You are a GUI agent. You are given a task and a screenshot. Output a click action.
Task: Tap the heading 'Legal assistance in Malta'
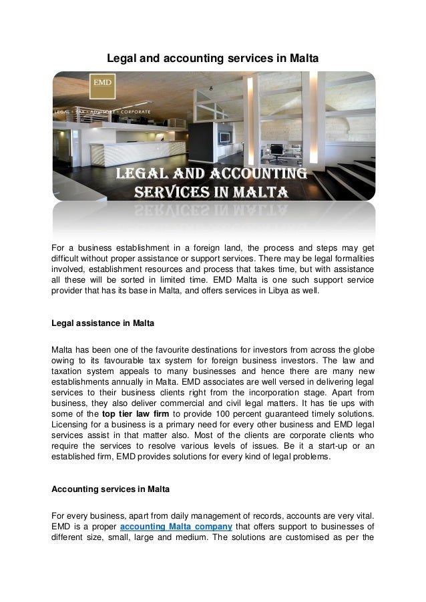click(103, 324)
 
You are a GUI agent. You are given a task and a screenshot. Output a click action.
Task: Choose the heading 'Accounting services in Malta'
click(111, 489)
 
